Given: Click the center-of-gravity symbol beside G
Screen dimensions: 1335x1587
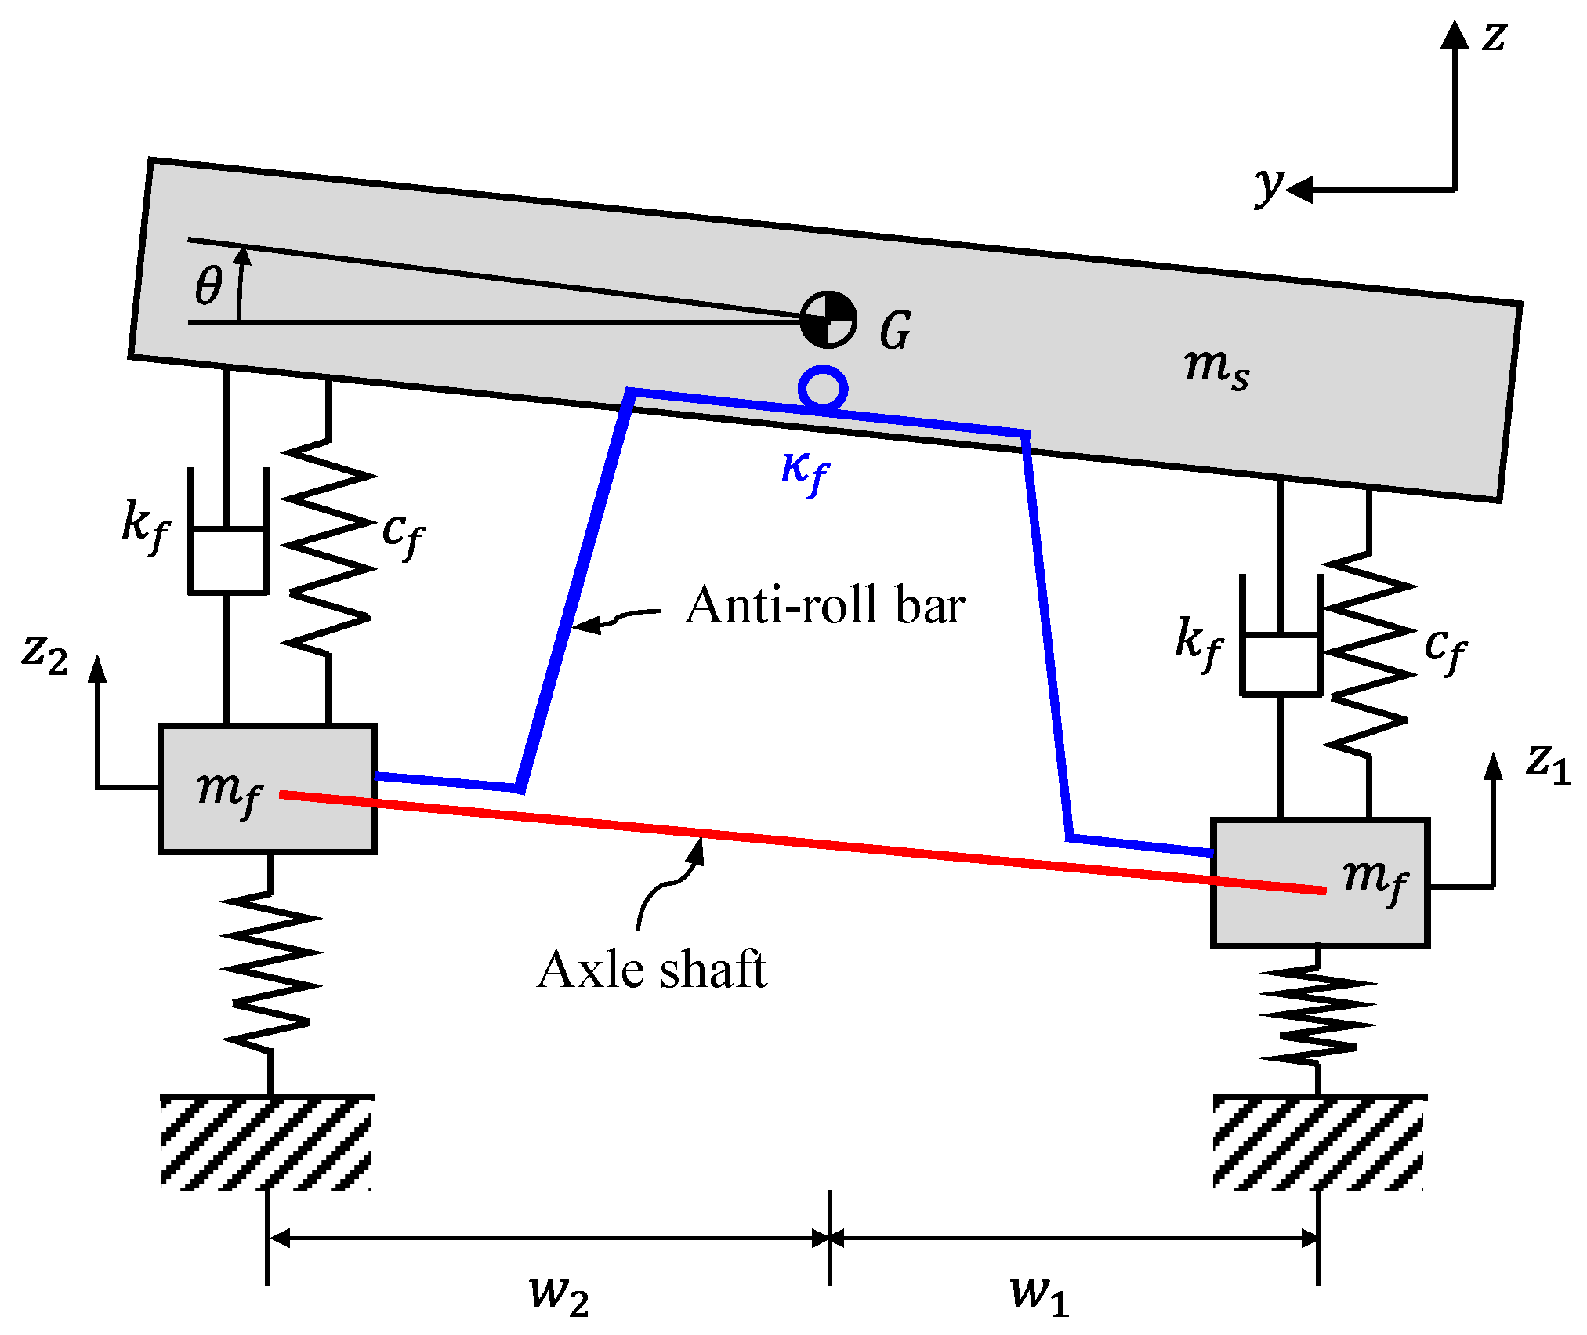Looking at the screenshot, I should pyautogui.click(x=828, y=320).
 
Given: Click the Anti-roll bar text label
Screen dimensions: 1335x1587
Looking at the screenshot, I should pyautogui.click(x=824, y=606).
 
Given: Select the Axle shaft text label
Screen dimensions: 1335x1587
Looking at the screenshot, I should pyautogui.click(x=652, y=970).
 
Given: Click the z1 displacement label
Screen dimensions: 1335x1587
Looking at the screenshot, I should pyautogui.click(x=1548, y=762).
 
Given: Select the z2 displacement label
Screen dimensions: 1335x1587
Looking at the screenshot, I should pyautogui.click(x=45, y=652).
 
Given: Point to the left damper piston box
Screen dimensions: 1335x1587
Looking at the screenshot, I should pyautogui.click(x=227, y=560).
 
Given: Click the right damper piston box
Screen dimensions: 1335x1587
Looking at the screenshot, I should pyautogui.click(x=1281, y=663).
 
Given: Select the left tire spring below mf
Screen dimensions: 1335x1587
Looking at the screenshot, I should pyautogui.click(x=270, y=972).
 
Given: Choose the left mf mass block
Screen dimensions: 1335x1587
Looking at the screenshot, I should pyautogui.click(x=267, y=789).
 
